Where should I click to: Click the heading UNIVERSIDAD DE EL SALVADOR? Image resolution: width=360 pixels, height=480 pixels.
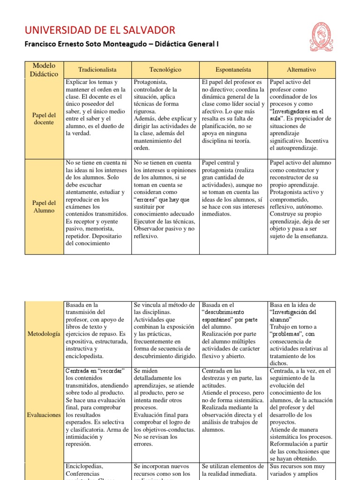100,30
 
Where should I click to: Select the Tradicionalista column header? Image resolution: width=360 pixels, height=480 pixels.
97,69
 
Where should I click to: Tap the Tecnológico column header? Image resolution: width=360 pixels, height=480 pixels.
165,69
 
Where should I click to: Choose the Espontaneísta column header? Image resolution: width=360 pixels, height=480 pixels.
233,69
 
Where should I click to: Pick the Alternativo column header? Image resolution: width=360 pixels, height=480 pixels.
301,69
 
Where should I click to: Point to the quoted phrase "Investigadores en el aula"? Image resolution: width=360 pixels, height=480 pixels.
297,115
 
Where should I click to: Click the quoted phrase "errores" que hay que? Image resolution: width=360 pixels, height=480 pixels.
162,200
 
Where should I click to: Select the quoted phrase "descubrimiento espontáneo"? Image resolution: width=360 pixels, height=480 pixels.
229,316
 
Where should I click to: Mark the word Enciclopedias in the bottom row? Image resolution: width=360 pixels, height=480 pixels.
84,466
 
